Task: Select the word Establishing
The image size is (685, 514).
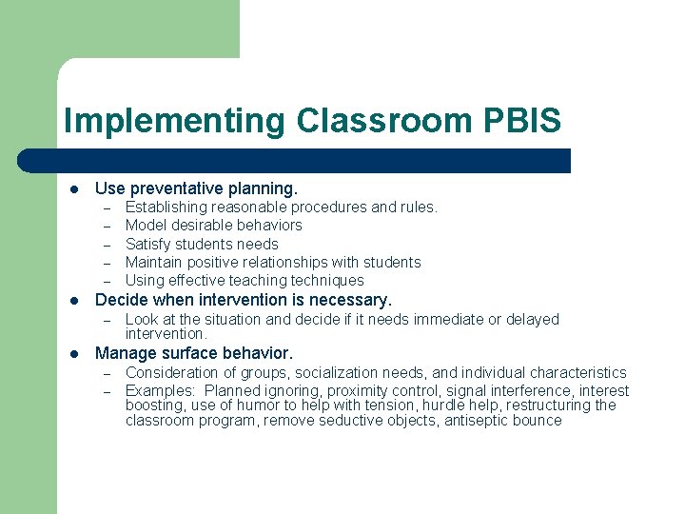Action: point(166,207)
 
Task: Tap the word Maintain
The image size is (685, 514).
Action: point(154,262)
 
